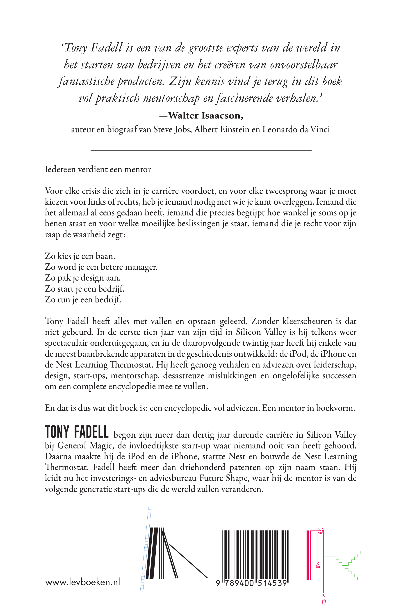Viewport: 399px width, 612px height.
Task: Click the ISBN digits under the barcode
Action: point(251,583)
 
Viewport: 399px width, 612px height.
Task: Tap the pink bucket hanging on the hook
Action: point(324,601)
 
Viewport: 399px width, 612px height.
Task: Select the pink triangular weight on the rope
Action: point(318,565)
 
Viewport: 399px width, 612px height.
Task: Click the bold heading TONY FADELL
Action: point(77,432)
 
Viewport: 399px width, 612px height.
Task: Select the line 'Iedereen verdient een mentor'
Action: point(98,169)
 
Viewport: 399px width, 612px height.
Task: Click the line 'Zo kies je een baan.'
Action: point(80,256)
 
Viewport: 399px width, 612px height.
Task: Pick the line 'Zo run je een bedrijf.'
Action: point(83,299)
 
